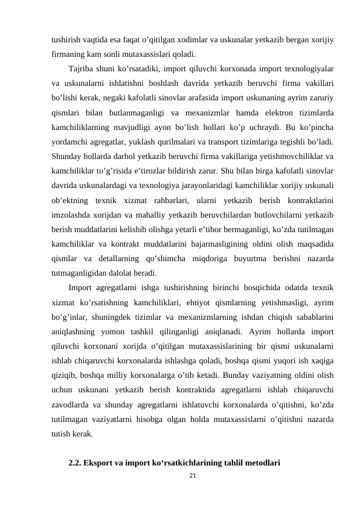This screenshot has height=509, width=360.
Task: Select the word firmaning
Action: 68,54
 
